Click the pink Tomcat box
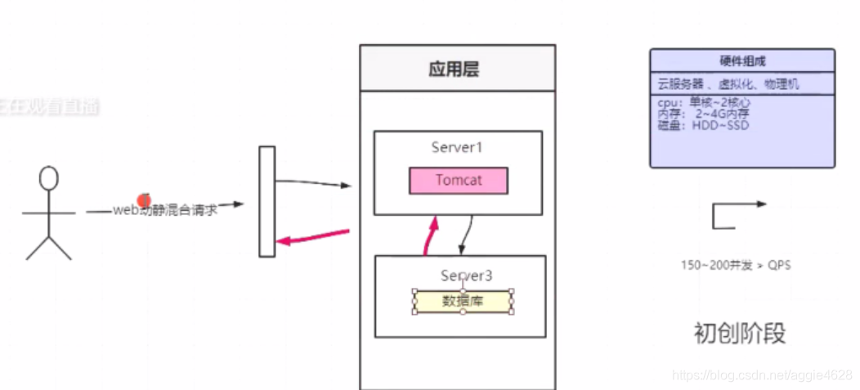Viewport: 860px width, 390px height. tap(458, 181)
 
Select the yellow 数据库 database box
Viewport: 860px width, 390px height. tap(463, 301)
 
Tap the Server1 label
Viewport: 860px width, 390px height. tap(458, 147)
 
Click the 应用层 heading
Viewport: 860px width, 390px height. tap(454, 69)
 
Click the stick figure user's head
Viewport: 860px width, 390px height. tap(50, 177)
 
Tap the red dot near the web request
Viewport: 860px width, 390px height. tap(145, 200)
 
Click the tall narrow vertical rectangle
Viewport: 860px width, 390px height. tap(267, 201)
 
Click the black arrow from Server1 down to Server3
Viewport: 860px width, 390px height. tap(467, 235)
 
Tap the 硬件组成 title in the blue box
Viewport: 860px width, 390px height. tap(742, 61)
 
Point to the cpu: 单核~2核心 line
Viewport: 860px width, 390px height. tap(703, 103)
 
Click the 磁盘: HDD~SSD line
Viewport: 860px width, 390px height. tap(702, 125)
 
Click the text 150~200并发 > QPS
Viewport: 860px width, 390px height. tap(735, 265)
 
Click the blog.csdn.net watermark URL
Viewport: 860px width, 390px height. tap(762, 374)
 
